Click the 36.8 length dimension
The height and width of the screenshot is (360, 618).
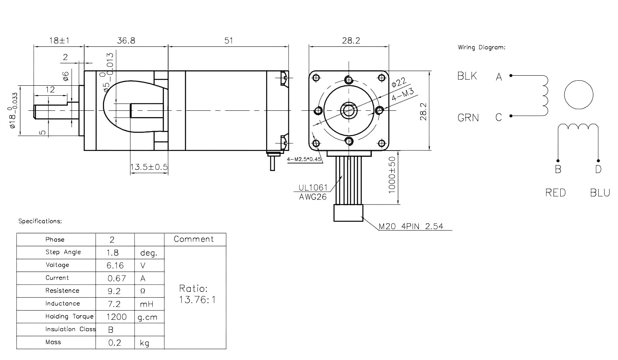[126, 41]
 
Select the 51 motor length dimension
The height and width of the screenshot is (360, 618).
[228, 41]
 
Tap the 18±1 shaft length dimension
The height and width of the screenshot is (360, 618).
[59, 41]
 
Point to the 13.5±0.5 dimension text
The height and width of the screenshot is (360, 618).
[149, 167]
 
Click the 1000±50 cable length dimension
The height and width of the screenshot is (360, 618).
[392, 175]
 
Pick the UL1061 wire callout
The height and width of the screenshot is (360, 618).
[313, 187]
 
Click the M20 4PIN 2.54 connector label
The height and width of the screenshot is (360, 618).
[411, 226]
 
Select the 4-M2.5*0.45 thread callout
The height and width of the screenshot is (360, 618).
[304, 159]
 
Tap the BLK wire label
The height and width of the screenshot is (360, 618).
[467, 76]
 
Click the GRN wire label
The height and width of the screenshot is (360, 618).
[468, 118]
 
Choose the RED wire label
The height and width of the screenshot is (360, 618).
[555, 192]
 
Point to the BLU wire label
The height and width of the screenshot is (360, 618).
[600, 192]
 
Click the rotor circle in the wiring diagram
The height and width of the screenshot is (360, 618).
[579, 95]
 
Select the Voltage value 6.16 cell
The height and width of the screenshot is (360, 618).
[115, 266]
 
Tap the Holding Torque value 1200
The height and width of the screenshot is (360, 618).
[116, 317]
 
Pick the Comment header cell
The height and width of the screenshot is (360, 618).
[195, 239]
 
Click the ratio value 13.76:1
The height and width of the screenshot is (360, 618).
[197, 300]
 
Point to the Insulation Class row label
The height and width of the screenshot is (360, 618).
[71, 329]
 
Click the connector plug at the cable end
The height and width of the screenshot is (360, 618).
[349, 213]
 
